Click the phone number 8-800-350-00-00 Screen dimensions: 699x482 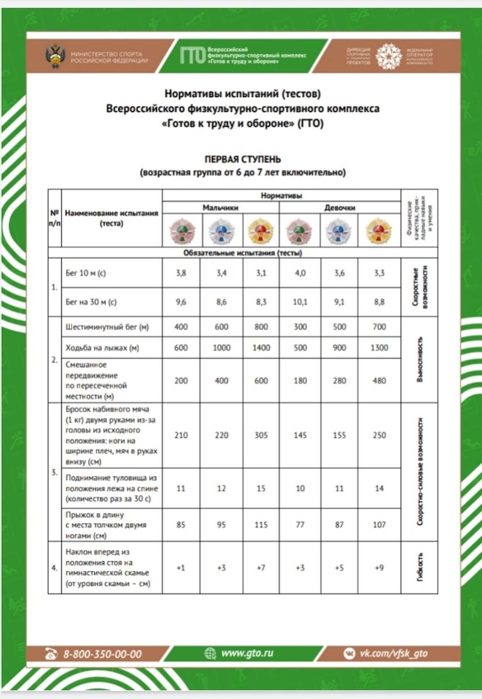coord(102,654)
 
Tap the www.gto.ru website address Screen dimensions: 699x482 coord(247,653)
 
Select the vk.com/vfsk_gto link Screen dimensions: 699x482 coord(394,653)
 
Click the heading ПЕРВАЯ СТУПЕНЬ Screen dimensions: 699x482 coord(242,159)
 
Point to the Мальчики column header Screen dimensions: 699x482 coord(220,208)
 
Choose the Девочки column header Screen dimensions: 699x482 coord(339,208)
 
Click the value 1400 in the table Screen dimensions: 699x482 coord(261,348)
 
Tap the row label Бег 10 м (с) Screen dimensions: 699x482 coord(86,273)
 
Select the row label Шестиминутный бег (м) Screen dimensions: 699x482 coord(107,327)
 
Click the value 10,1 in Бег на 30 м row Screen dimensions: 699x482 coord(300,302)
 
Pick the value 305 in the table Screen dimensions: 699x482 coord(261,435)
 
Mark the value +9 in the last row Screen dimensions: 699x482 coord(379,567)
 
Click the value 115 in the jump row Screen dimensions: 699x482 coord(261,525)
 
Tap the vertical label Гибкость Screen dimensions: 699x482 coord(420,567)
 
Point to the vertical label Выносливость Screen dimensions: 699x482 coord(420,359)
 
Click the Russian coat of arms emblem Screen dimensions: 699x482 coord(55,57)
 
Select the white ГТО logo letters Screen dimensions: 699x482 coord(193,56)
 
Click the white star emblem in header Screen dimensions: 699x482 coord(389,56)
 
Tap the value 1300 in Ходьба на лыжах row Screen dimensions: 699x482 coord(379,348)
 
